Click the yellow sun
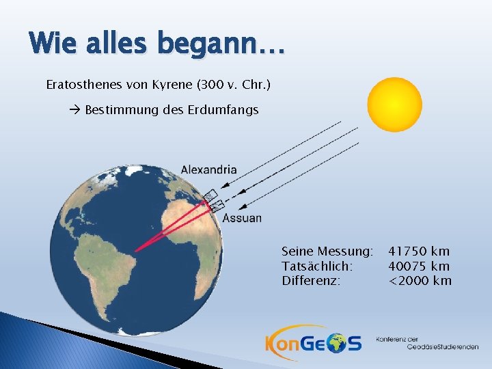tap(394, 104)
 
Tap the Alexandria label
tap(208, 169)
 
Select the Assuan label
tap(242, 218)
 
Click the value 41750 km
tap(419, 251)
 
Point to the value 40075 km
tap(419, 266)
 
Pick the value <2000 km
tap(420, 281)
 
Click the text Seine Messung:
tap(327, 251)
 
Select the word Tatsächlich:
tap(317, 266)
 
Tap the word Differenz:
tap(311, 281)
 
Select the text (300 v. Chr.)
tap(234, 85)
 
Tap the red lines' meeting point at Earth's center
tap(135, 251)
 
